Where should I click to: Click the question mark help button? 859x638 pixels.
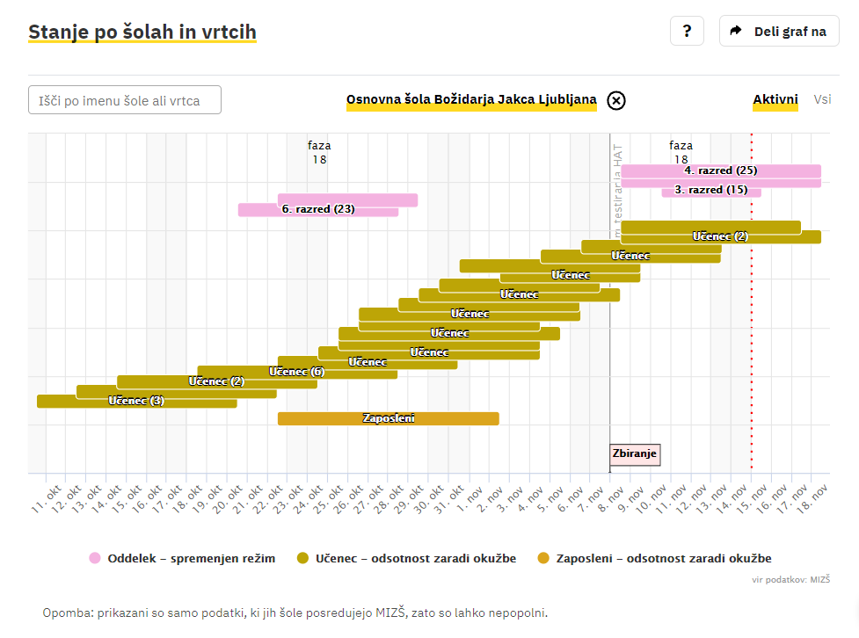(687, 31)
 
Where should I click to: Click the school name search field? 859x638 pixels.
(125, 100)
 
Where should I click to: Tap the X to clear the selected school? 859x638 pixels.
(616, 100)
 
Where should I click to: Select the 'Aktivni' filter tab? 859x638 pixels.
(775, 100)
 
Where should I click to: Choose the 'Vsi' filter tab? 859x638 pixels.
(822, 100)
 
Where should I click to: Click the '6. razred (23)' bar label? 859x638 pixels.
(318, 209)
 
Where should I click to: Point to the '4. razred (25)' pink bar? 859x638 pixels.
(721, 170)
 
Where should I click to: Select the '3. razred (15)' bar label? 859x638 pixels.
(710, 190)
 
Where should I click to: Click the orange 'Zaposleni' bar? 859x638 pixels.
(389, 418)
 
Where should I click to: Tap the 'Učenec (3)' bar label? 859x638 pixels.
(136, 401)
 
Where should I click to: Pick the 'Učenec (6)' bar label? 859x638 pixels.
(296, 372)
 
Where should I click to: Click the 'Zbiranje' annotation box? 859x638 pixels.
(634, 454)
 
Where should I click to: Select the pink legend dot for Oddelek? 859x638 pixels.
(95, 558)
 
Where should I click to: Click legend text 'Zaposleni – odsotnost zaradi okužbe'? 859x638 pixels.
(664, 558)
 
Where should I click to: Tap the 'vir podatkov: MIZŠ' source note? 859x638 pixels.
(791, 580)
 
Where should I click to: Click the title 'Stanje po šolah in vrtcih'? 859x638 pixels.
(142, 33)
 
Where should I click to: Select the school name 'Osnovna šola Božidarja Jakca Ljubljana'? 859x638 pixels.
(471, 100)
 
